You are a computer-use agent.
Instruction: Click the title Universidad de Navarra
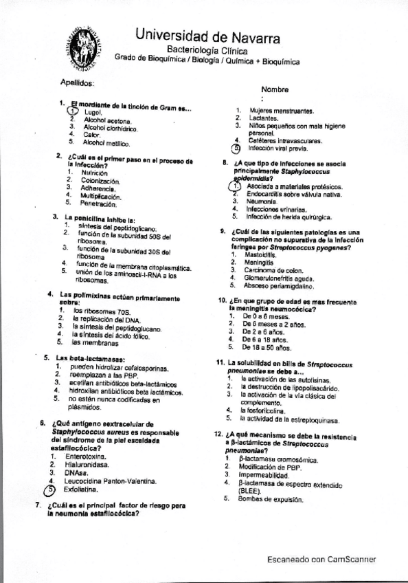coord(206,35)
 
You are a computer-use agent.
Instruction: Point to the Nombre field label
coord(276,89)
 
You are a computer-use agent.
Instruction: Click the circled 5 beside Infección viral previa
coord(236,147)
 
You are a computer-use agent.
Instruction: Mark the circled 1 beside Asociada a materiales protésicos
coord(235,186)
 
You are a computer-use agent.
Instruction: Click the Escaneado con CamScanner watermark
coord(321,560)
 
